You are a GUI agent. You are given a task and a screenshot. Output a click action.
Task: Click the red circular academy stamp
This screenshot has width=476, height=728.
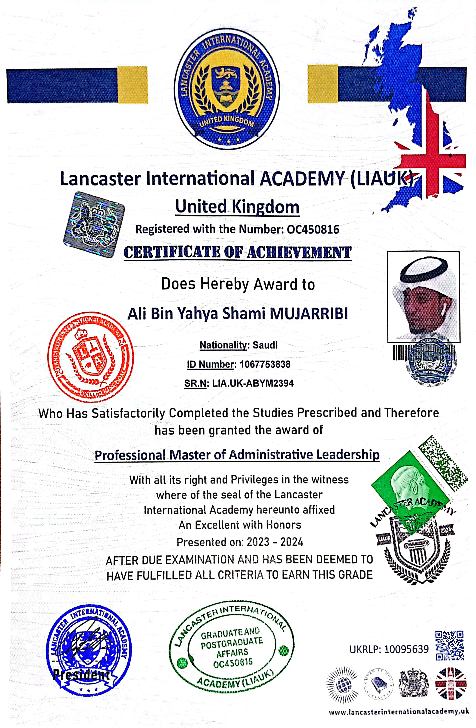(91, 357)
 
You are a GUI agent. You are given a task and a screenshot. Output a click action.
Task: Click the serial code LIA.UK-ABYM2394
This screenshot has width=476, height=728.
(253, 383)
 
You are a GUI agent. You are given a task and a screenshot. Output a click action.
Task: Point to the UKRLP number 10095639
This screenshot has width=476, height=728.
(406, 649)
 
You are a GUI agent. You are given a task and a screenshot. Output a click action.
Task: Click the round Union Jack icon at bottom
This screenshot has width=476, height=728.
(451, 684)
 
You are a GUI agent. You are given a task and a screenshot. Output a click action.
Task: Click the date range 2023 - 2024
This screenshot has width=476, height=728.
(275, 542)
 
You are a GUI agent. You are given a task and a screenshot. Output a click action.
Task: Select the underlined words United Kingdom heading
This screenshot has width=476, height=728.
(237, 207)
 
